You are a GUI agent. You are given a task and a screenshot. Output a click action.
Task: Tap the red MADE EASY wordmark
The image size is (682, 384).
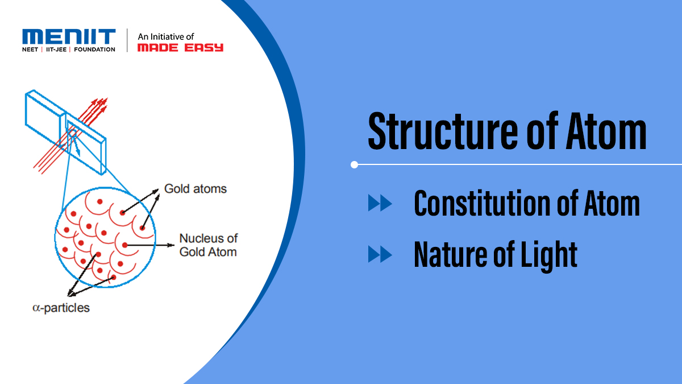tap(180, 48)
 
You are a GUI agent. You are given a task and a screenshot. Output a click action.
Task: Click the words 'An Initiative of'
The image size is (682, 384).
tap(165, 36)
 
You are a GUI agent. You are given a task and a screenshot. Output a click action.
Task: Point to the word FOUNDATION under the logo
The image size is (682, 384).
tap(94, 49)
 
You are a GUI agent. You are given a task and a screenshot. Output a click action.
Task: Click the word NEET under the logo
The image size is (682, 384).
tap(31, 49)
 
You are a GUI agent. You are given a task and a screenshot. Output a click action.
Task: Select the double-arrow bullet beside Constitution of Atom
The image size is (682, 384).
tap(380, 203)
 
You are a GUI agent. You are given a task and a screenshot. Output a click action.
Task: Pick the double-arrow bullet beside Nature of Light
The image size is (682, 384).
tap(380, 254)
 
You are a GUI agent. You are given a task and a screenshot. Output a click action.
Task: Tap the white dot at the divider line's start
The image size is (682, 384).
tap(355, 165)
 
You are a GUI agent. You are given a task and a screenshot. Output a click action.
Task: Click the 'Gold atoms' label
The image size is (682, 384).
tap(195, 188)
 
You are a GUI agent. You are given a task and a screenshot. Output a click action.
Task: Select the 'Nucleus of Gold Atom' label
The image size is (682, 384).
tap(208, 245)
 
